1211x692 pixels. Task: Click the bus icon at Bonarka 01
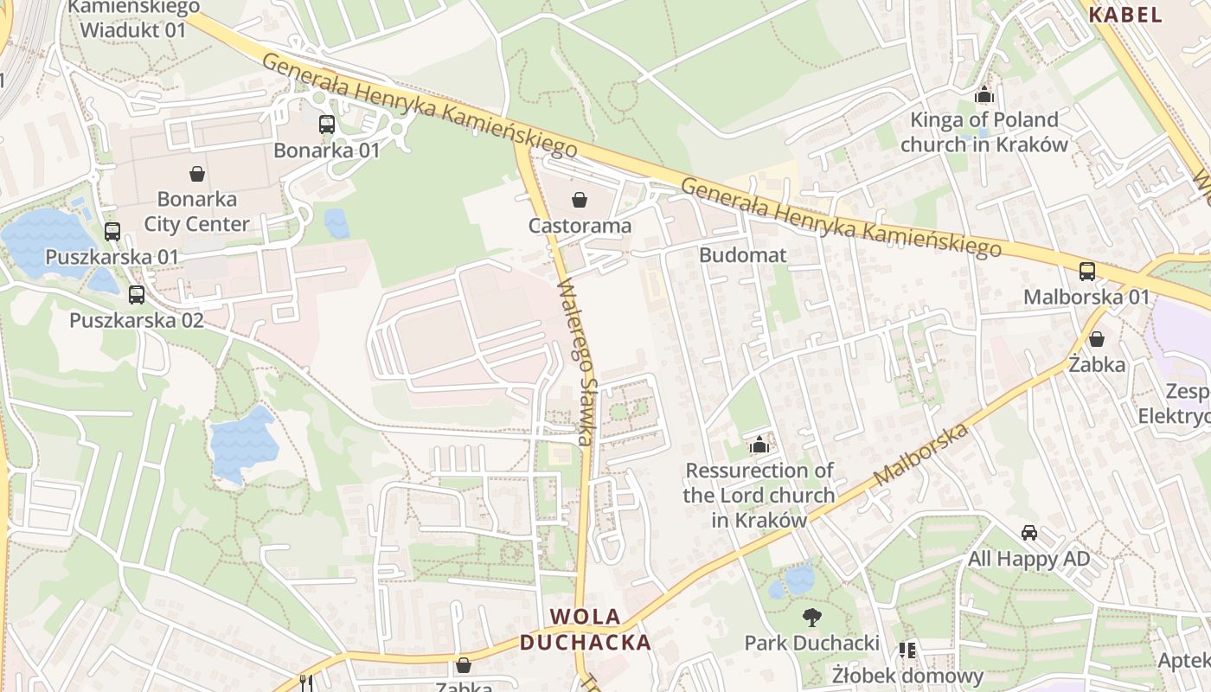coord(326,124)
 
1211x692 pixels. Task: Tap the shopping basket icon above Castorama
coord(579,201)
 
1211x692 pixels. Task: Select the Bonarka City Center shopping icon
coord(197,174)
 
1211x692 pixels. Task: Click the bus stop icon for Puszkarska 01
coord(112,231)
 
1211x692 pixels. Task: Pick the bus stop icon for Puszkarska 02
coord(137,294)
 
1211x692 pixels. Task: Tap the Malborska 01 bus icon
coord(1087,271)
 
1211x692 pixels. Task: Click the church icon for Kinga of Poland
coord(984,94)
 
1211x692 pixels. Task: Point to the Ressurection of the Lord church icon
coord(759,445)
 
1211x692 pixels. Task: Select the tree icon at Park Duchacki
coord(811,617)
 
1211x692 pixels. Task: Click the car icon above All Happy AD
coord(1028,533)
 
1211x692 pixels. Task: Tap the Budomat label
coord(742,255)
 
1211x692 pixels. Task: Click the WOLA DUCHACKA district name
coord(586,630)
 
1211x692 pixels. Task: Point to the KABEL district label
coord(1124,14)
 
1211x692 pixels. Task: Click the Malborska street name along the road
coord(920,455)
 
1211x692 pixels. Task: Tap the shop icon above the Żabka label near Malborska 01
coord(1096,338)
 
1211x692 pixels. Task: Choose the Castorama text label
coord(580,226)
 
